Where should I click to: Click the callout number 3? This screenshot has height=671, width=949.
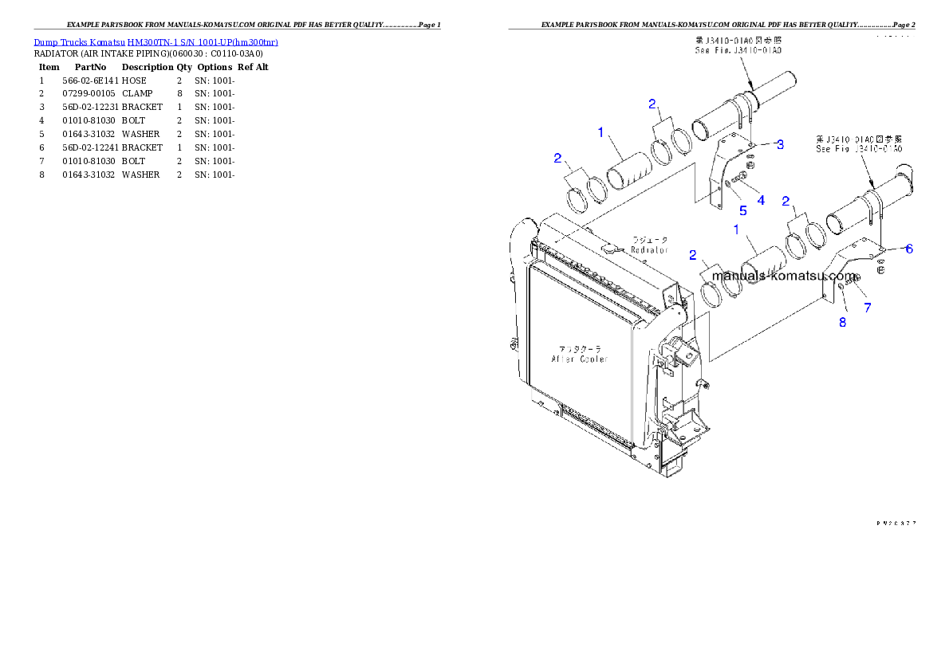780,144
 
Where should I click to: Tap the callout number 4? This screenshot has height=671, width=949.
761,200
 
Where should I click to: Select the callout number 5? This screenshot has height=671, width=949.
742,210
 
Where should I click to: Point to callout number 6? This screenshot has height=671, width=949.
908,248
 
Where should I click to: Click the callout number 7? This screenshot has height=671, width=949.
867,307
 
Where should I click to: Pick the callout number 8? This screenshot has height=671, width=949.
842,322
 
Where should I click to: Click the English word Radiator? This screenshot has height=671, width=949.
649,249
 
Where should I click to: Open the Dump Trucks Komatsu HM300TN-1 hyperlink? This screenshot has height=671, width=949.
156,42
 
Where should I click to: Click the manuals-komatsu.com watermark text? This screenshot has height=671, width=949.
784,276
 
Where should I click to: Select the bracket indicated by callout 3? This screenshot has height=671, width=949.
723,175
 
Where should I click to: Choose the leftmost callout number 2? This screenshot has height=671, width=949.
558,158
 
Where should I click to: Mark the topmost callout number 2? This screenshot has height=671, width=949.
652,104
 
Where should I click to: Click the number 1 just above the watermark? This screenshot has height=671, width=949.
737,230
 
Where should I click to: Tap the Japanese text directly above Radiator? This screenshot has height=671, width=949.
650,239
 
